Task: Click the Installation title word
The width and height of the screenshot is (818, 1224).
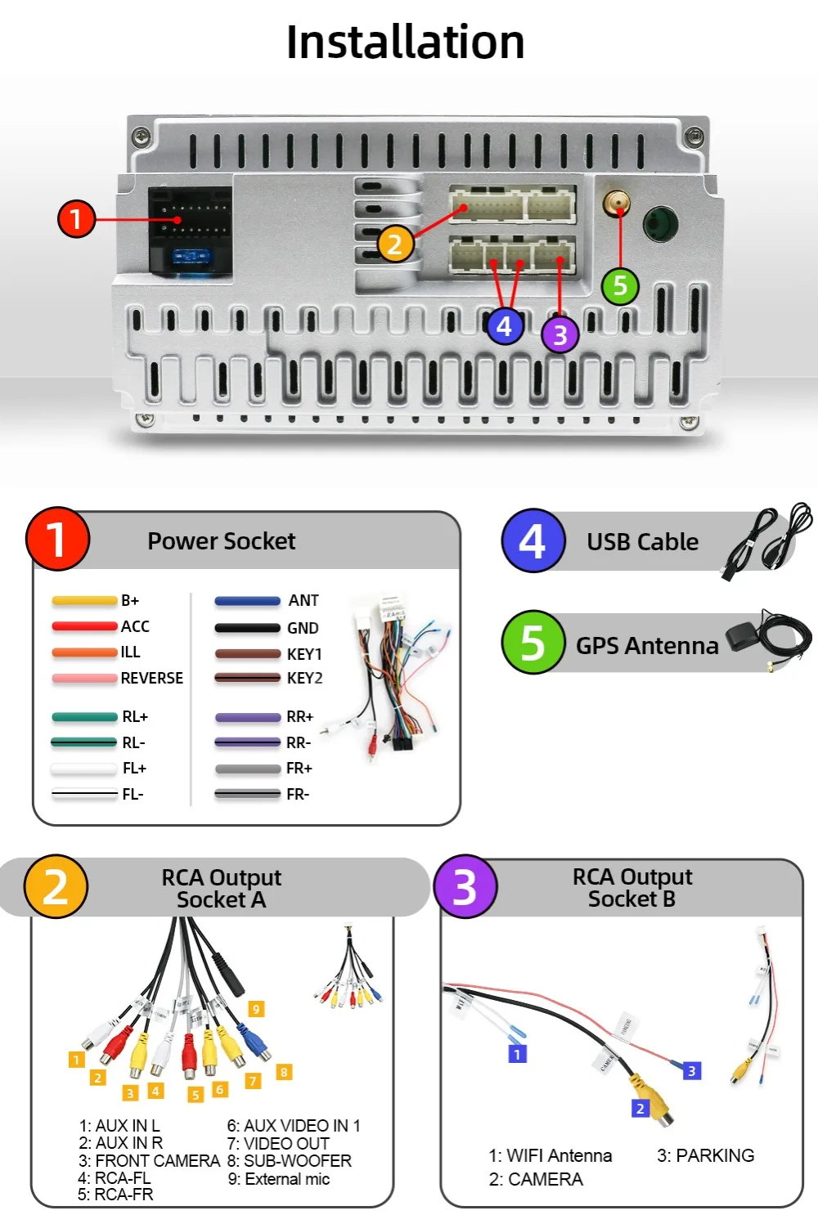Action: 405,42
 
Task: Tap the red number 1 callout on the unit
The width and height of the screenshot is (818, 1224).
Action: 76,219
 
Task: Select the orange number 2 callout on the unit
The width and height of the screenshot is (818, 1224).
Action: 395,244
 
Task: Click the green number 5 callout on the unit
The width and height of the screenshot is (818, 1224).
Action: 620,286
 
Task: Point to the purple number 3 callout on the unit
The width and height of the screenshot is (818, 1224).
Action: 560,334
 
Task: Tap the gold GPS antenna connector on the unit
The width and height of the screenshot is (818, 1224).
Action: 617,202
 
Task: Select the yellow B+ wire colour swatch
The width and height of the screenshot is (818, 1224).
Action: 84,601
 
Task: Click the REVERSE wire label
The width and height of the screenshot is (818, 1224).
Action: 151,678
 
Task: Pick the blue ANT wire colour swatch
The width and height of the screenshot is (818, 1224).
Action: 247,601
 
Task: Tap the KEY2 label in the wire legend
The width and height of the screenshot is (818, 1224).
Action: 304,678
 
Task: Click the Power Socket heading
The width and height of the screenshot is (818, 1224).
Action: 221,541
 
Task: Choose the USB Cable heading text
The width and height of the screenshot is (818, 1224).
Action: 642,542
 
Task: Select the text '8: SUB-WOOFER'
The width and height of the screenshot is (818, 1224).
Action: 290,1161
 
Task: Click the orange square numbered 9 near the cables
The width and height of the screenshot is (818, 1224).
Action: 256,1009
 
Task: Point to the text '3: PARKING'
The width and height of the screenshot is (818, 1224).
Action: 705,1155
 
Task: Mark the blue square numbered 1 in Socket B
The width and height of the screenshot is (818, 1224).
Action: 517,1054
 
